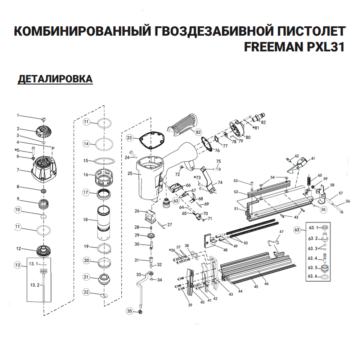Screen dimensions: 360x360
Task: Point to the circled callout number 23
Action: pos(130,138)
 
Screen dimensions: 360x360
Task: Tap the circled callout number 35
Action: pos(130,310)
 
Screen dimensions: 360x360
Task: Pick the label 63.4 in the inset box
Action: pos(312,258)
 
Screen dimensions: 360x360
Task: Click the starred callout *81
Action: pos(256,128)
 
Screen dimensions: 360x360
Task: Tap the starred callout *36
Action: pos(172,250)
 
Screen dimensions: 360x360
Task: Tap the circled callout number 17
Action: pos(86,192)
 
